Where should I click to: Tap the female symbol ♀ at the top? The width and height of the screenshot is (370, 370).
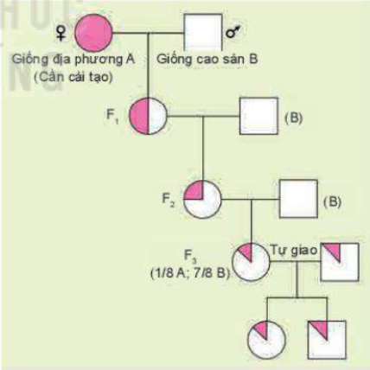coord(61,32)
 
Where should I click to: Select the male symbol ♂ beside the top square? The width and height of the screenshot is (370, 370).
coord(232,33)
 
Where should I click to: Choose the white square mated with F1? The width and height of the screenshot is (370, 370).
coord(257,116)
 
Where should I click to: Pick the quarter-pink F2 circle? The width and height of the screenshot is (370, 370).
coord(202,200)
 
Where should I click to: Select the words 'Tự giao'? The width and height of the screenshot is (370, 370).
coord(290,246)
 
